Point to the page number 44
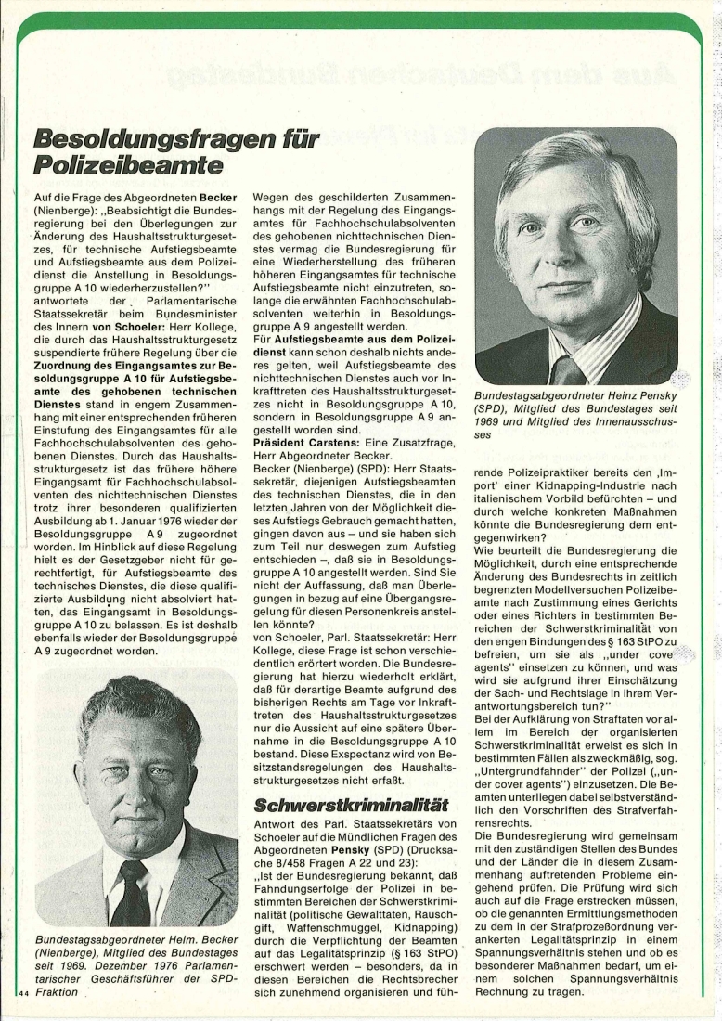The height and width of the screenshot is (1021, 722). click(24, 993)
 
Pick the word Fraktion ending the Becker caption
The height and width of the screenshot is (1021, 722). click(58, 992)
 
